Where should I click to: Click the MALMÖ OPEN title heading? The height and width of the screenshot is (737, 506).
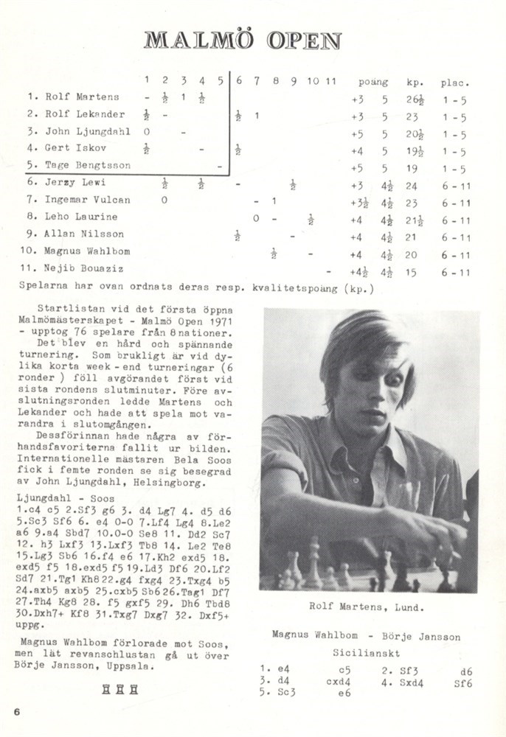pos(243,40)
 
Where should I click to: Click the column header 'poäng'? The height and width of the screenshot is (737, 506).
pos(372,83)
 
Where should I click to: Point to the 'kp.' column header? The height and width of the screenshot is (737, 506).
pos(414,83)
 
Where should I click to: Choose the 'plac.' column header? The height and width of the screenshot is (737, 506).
pos(455,83)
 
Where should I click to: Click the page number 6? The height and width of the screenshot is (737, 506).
pos(16,710)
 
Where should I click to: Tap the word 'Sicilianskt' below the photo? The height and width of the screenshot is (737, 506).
pos(365,653)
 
